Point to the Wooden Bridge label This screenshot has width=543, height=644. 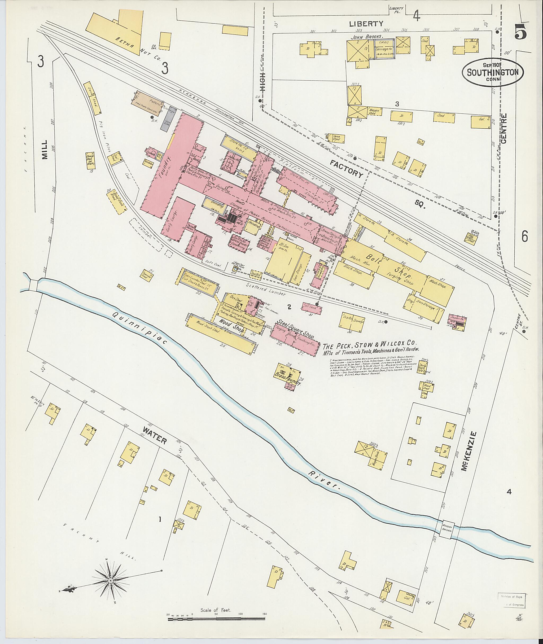tap(447, 530)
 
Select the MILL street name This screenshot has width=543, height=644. tap(45, 150)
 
